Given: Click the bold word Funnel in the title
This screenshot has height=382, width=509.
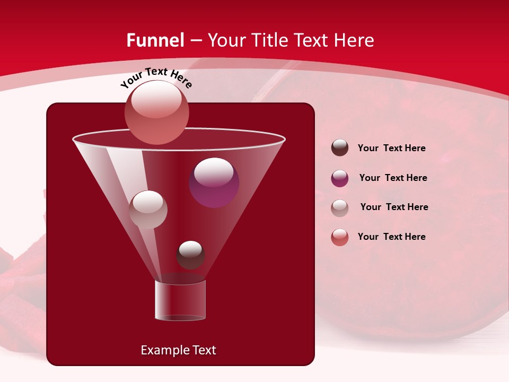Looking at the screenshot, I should [155, 40].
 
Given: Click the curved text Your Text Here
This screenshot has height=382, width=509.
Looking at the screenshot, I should [156, 77].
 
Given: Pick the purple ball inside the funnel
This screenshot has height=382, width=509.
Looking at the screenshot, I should [214, 183].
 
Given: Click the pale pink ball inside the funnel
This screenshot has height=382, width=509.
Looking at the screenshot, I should [148, 210].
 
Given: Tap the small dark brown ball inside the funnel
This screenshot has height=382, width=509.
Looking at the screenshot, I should [190, 255].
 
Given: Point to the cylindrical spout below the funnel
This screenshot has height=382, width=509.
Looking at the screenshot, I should [180, 300].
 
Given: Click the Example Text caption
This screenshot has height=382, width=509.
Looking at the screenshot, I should [178, 350].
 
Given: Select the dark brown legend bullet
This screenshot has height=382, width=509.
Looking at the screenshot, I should [340, 148].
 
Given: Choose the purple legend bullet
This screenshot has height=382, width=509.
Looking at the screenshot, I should [340, 178].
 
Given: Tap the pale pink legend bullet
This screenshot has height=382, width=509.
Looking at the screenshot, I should [340, 208].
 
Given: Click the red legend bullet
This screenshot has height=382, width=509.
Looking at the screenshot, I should [340, 237].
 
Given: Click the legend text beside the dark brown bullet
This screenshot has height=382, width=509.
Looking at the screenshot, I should [391, 149].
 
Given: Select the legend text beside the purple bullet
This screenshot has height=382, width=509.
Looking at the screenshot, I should [393, 178].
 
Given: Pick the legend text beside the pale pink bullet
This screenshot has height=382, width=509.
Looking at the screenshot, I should [394, 207].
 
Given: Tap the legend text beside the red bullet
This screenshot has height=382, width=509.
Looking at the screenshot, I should [391, 237].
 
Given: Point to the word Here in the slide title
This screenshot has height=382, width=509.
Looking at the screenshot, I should [353, 40].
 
